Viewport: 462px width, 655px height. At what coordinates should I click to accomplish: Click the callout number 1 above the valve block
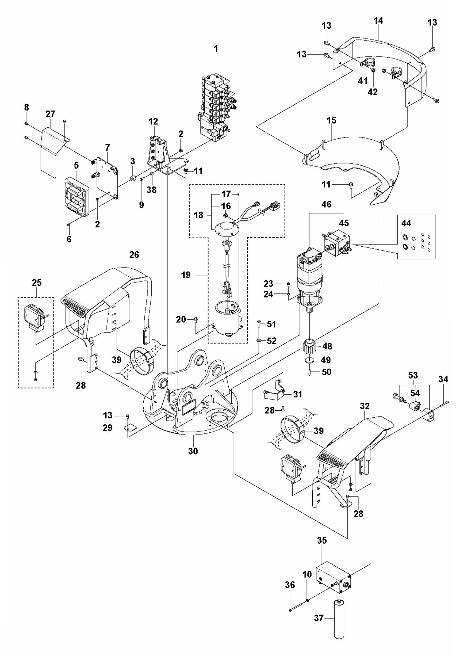point(216,49)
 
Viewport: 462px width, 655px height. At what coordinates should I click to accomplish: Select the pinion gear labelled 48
point(310,346)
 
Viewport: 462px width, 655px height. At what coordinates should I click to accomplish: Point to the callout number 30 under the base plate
point(193,451)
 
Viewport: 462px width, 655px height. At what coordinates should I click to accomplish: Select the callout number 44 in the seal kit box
point(406,223)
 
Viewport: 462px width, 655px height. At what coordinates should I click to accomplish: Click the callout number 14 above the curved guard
point(378,21)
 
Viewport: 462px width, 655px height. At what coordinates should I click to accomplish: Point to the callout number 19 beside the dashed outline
point(186,275)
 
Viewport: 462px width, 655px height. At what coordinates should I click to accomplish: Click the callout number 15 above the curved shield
point(332,120)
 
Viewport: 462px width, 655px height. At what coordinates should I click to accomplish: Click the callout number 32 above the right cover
point(365,406)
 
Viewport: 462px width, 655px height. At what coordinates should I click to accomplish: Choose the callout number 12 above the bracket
point(153,122)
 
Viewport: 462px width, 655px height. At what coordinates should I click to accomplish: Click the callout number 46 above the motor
point(327,204)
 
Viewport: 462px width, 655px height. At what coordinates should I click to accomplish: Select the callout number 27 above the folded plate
point(50,114)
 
